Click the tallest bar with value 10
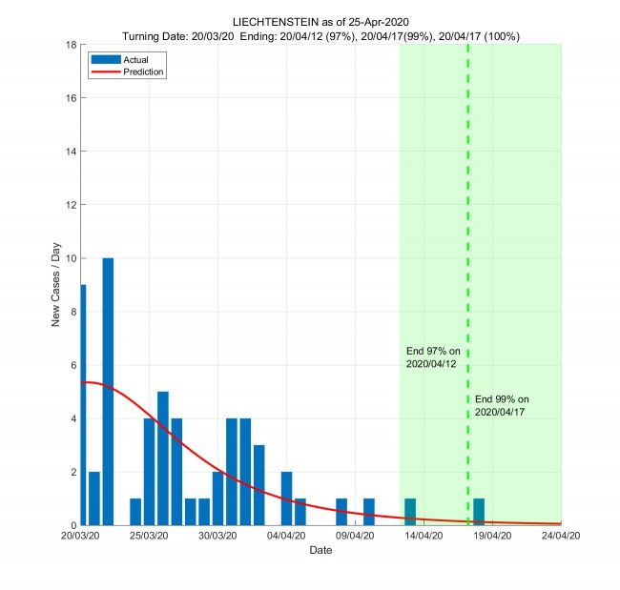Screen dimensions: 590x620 tap(108, 391)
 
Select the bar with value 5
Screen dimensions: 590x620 tap(163, 458)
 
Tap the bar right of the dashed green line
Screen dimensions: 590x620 tap(479, 512)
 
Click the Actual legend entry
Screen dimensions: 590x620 tap(123, 60)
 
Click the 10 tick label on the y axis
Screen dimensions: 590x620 tap(71, 258)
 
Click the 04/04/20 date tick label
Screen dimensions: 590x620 tap(286, 537)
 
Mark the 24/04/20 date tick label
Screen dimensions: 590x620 tap(560, 537)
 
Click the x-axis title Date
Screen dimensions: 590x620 tap(320, 551)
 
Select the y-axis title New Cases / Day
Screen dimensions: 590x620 tap(55, 285)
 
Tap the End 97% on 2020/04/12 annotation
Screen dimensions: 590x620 tap(433, 357)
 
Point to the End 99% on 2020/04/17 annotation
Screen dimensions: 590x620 tap(501, 405)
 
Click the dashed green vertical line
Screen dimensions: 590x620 tap(467, 238)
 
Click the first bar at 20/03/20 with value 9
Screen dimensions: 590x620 tap(83, 405)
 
